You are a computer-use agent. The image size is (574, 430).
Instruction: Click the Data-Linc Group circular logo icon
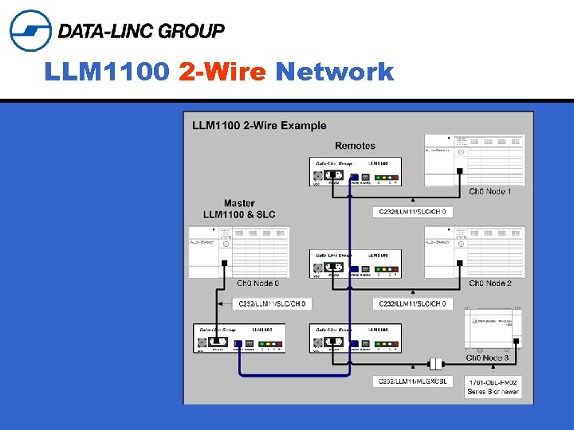30,30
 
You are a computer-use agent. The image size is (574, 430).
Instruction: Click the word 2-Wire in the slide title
222,72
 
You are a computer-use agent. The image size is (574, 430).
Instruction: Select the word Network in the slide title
334,72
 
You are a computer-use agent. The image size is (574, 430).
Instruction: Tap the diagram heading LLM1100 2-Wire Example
259,125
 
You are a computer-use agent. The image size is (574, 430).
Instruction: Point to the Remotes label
355,146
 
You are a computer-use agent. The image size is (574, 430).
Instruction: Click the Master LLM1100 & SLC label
239,209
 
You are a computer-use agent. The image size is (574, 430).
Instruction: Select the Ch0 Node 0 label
258,283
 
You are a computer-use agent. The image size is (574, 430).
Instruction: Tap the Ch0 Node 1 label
489,192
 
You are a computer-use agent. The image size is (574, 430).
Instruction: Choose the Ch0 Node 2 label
489,283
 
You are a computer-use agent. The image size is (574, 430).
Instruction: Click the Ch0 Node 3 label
487,358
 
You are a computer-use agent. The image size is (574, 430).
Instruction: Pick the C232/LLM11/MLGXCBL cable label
412,381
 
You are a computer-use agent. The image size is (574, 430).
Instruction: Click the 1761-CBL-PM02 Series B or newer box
493,385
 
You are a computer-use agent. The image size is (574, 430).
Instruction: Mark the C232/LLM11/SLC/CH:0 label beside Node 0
272,303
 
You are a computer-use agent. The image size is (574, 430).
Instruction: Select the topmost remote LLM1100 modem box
355,172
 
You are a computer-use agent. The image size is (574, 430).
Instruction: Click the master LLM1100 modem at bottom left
240,338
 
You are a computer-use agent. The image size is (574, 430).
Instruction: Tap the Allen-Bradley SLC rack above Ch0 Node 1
474,160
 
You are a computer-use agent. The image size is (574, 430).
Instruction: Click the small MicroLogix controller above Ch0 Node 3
492,328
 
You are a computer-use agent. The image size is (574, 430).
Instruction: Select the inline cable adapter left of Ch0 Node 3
434,364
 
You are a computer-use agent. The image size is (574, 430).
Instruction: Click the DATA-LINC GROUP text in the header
142,31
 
